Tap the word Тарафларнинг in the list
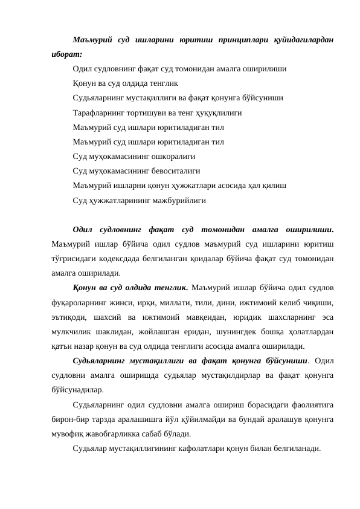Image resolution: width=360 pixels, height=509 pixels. point(100,112)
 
